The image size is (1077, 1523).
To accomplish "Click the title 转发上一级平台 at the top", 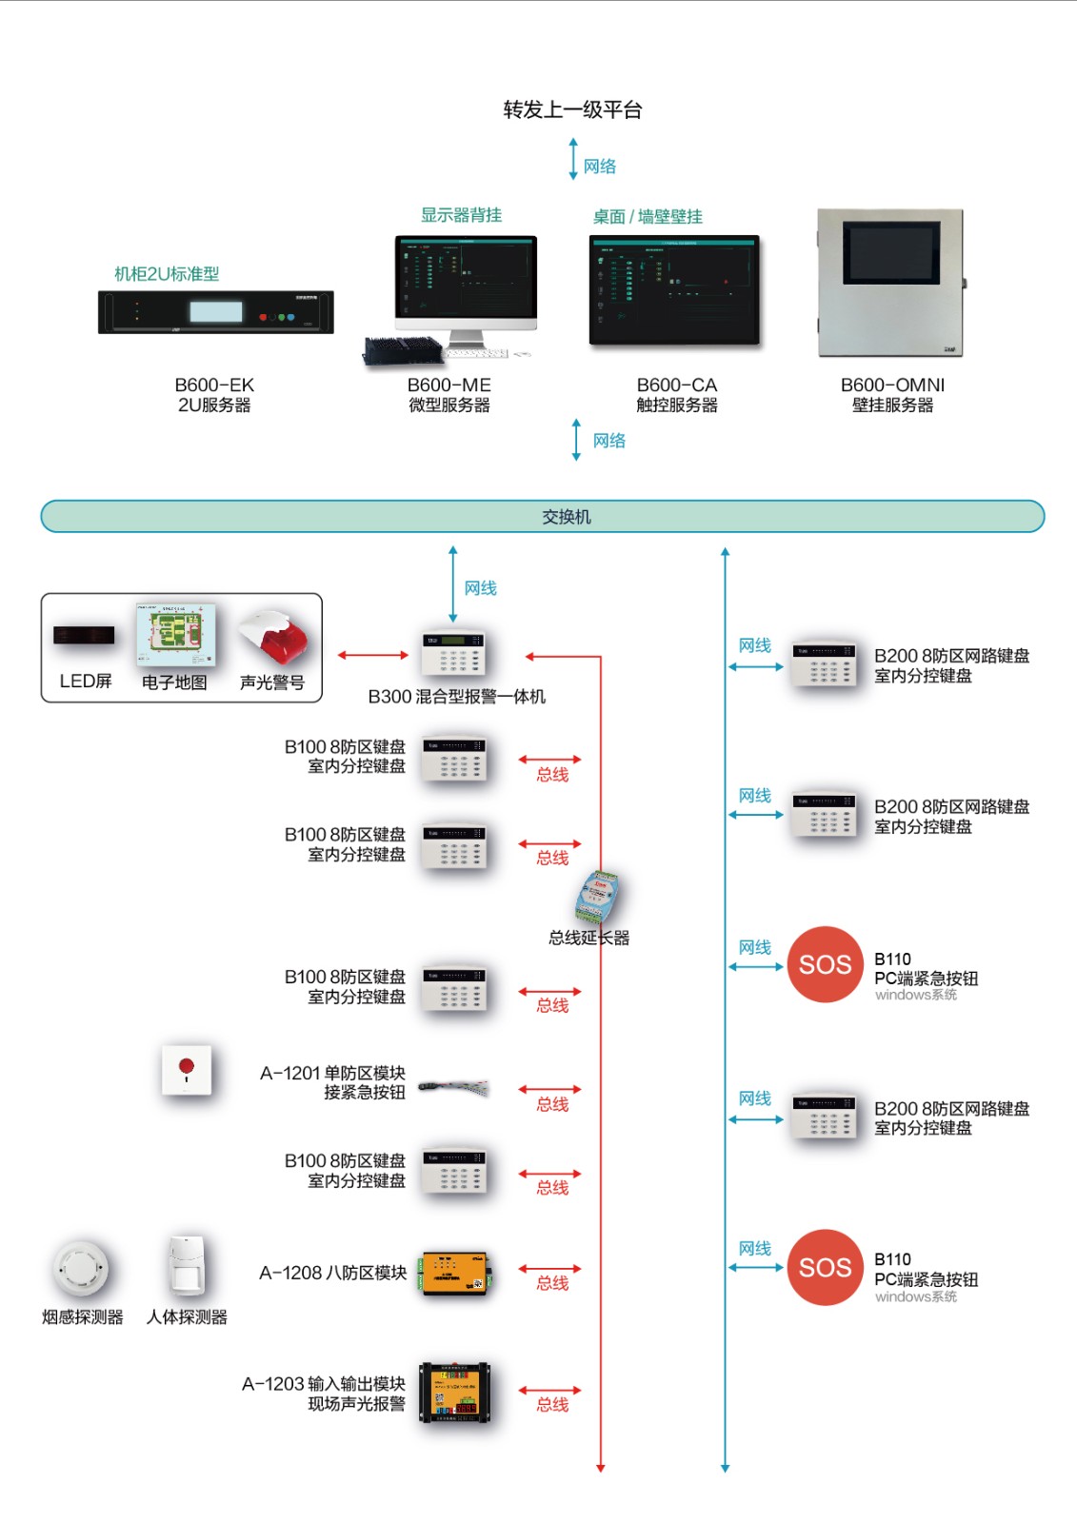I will click(x=572, y=109).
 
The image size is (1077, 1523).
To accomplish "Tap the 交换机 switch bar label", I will click(x=567, y=517).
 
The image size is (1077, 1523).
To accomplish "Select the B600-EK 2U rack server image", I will click(x=216, y=312).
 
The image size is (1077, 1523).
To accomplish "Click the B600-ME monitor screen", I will click(x=467, y=277).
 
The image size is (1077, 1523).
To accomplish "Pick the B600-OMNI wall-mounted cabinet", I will click(x=890, y=283).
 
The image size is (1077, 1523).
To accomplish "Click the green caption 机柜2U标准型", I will click(x=167, y=274).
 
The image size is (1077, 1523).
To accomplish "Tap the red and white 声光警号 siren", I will click(x=275, y=638).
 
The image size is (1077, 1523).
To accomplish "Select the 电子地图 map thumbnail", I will click(x=175, y=635).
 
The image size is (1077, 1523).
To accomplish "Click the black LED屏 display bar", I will click(x=84, y=635).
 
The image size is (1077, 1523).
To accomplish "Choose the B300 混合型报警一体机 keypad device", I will click(x=454, y=654).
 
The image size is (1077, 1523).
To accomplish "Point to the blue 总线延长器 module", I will click(x=598, y=898).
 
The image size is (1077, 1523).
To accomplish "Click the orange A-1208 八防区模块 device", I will click(x=455, y=1273).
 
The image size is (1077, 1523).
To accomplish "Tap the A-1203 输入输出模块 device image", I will click(x=455, y=1393).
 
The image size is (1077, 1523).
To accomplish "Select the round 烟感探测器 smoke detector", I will click(x=82, y=1268).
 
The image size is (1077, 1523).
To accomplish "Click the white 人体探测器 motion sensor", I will click(x=187, y=1266).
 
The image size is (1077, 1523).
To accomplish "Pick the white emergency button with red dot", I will click(x=187, y=1070).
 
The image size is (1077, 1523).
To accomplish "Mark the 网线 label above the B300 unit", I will click(x=480, y=588).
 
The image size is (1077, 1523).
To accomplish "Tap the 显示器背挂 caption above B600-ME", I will click(x=461, y=215).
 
